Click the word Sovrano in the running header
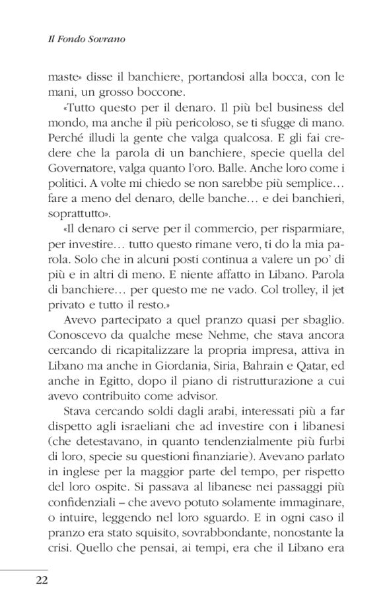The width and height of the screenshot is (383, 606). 106,40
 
